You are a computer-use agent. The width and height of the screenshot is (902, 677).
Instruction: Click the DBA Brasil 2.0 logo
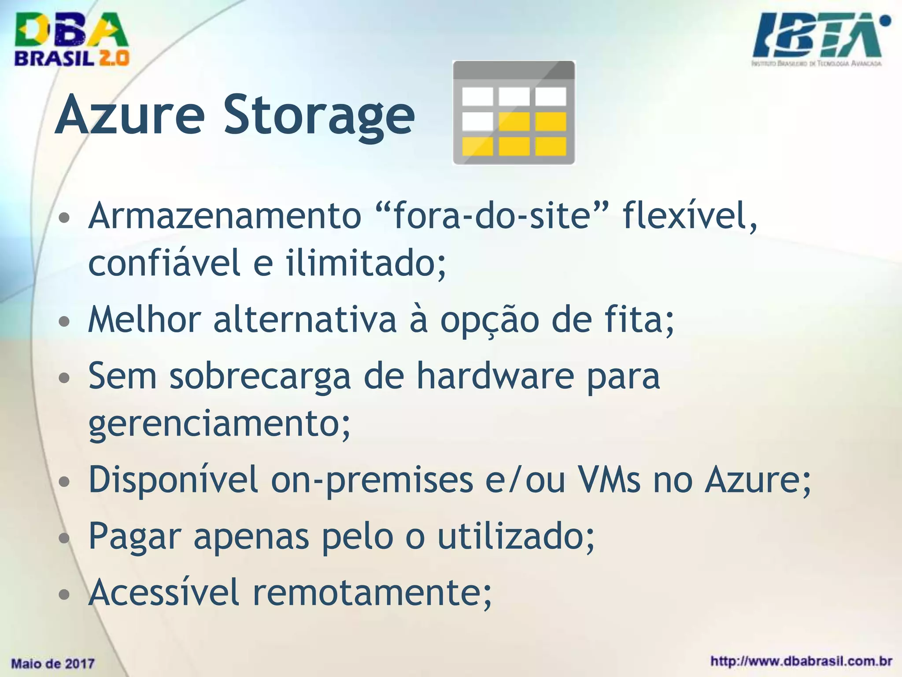(x=71, y=40)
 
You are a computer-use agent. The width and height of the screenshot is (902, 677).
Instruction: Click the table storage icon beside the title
(x=514, y=113)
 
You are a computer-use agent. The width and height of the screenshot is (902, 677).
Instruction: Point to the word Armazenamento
(x=225, y=216)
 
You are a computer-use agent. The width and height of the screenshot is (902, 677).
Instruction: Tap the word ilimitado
(x=366, y=263)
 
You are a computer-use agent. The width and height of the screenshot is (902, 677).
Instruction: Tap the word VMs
(x=610, y=480)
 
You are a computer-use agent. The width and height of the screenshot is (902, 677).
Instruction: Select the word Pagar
(x=135, y=536)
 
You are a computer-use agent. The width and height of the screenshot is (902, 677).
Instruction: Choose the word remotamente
(x=372, y=592)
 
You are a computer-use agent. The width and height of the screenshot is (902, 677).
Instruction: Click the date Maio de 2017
(x=53, y=663)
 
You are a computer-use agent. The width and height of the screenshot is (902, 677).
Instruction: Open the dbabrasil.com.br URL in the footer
(x=802, y=661)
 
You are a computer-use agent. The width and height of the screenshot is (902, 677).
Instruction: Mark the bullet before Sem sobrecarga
(x=64, y=377)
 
